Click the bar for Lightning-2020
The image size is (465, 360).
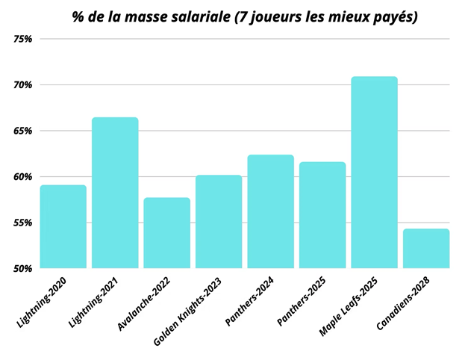coord(63,226)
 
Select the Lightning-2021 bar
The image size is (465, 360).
coord(115,193)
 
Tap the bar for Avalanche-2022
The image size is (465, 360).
coord(166,232)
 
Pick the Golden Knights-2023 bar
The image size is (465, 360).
coord(219,222)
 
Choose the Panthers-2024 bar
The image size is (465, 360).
coord(270,211)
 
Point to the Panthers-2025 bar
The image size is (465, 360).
coord(322,215)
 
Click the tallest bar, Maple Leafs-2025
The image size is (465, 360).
coord(374,173)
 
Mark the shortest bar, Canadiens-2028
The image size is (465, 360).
coord(426,248)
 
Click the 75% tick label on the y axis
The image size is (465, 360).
coord(23,39)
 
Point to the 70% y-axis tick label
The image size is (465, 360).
coord(23,85)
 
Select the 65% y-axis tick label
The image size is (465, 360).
coord(23,131)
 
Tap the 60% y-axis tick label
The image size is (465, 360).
coord(23,177)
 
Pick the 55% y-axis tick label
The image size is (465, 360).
coord(23,223)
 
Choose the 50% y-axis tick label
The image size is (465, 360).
coord(23,268)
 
